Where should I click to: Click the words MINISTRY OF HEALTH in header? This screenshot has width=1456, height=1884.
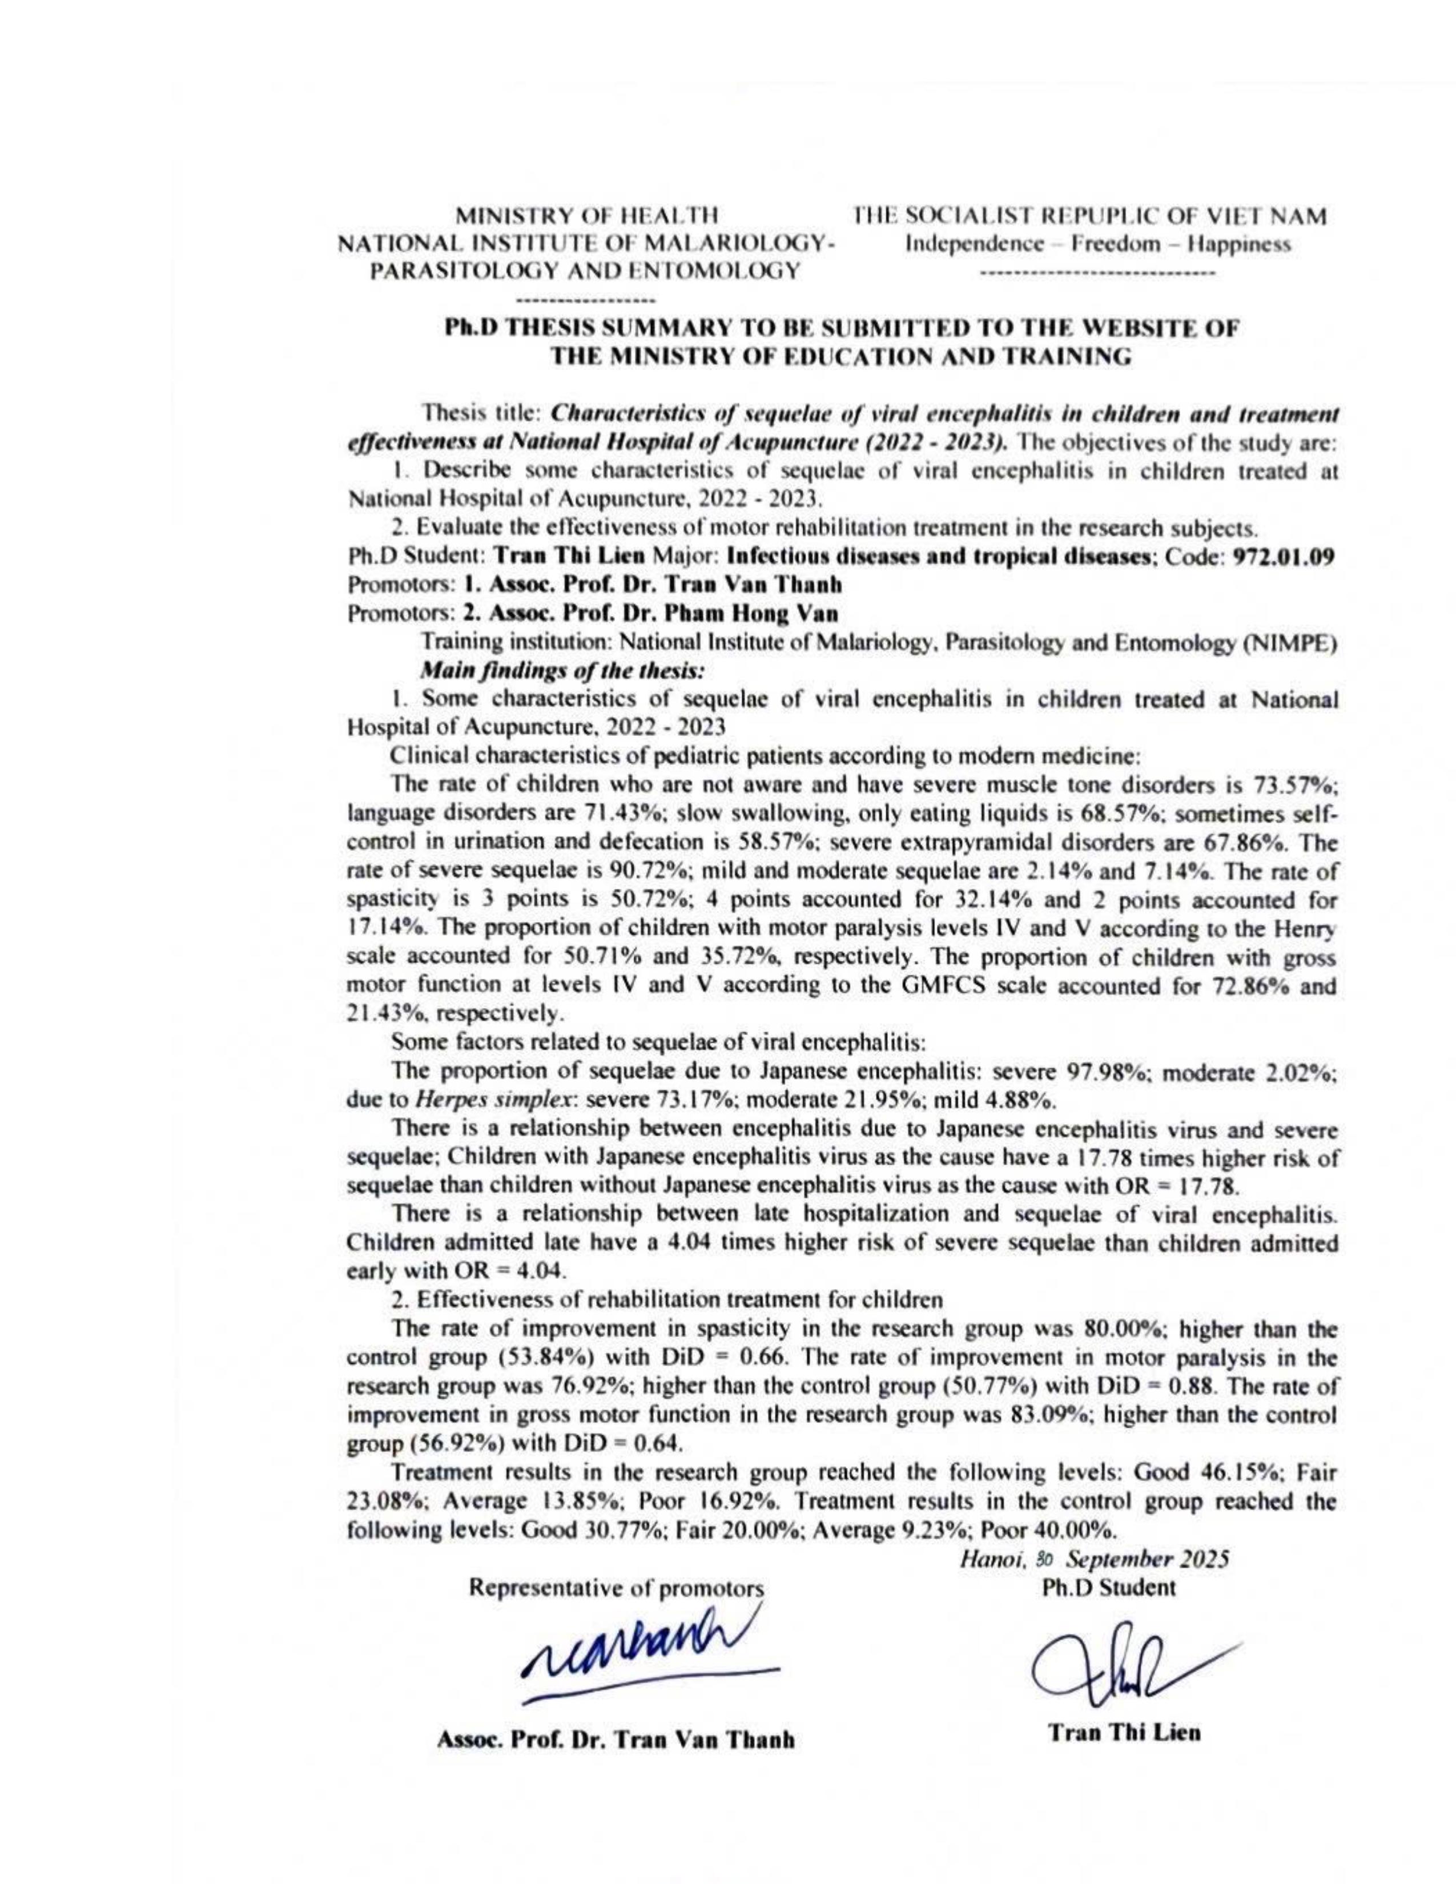point(586,215)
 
